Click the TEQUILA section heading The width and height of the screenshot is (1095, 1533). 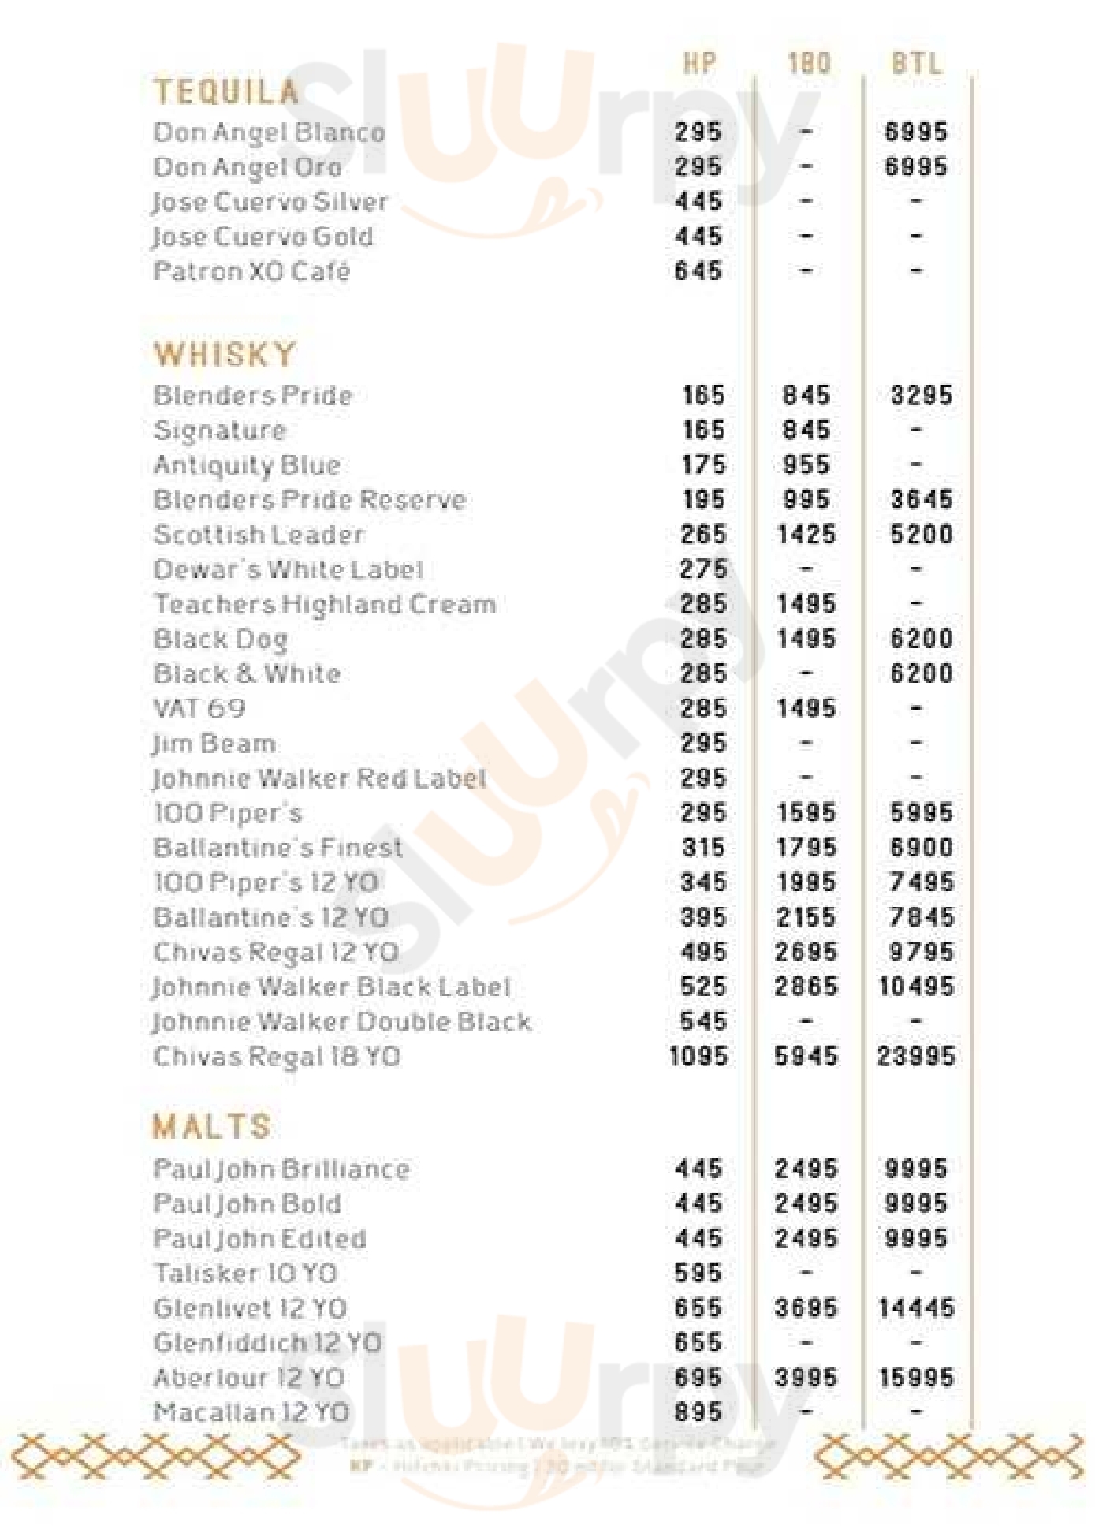pyautogui.click(x=226, y=92)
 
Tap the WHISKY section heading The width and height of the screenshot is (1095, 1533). pyautogui.click(x=225, y=355)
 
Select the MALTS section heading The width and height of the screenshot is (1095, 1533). pyautogui.click(x=211, y=1126)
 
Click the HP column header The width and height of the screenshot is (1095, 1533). pyautogui.click(x=699, y=63)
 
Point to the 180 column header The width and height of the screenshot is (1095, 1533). pyautogui.click(x=809, y=63)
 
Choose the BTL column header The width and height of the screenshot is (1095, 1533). pyautogui.click(x=916, y=63)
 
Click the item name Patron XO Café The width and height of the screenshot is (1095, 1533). pyautogui.click(x=251, y=271)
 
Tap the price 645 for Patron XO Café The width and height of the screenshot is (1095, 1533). pyautogui.click(x=698, y=271)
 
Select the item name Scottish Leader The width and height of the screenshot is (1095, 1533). pyautogui.click(x=259, y=535)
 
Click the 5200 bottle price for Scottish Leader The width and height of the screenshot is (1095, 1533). pyautogui.click(x=921, y=535)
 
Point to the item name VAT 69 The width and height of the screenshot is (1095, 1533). pyautogui.click(x=199, y=708)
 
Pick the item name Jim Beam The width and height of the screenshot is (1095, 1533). pyautogui.click(x=214, y=744)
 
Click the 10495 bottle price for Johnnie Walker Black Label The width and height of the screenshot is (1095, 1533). pyautogui.click(x=916, y=987)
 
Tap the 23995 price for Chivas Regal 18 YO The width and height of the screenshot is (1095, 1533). pyautogui.click(x=916, y=1056)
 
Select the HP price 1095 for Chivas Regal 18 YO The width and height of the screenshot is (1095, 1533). pyautogui.click(x=698, y=1056)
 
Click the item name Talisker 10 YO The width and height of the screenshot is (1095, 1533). pyautogui.click(x=245, y=1274)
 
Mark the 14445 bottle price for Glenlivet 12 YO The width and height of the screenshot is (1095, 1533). pyautogui.click(x=916, y=1308)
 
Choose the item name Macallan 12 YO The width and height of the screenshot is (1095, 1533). pyautogui.click(x=251, y=1412)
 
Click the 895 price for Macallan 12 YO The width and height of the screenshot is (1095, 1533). pyautogui.click(x=698, y=1412)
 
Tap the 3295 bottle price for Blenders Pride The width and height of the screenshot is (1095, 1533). pyautogui.click(x=921, y=395)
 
